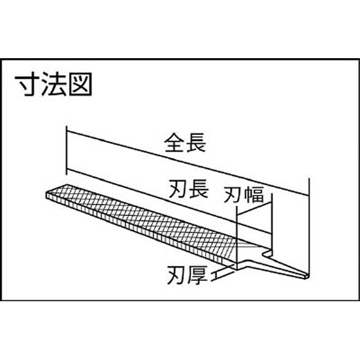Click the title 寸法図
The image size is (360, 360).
tap(53, 84)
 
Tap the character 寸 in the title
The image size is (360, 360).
tap(28, 84)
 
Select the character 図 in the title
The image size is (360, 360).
tap(80, 84)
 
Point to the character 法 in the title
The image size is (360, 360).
tap(54, 84)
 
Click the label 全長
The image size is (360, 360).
tap(185, 143)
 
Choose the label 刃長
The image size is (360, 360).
tap(189, 189)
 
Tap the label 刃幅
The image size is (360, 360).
tap(244, 194)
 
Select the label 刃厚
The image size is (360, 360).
tap(187, 275)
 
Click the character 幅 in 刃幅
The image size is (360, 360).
tap(254, 194)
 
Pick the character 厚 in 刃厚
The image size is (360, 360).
tap(198, 275)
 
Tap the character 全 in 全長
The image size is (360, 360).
tap(174, 143)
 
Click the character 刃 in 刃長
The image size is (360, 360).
tap(178, 189)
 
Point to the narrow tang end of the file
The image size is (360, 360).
tap(306, 276)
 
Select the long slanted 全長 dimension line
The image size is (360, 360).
tap(188, 164)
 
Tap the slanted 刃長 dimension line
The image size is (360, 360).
tap(167, 202)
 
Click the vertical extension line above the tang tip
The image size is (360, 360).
tap(309, 226)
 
